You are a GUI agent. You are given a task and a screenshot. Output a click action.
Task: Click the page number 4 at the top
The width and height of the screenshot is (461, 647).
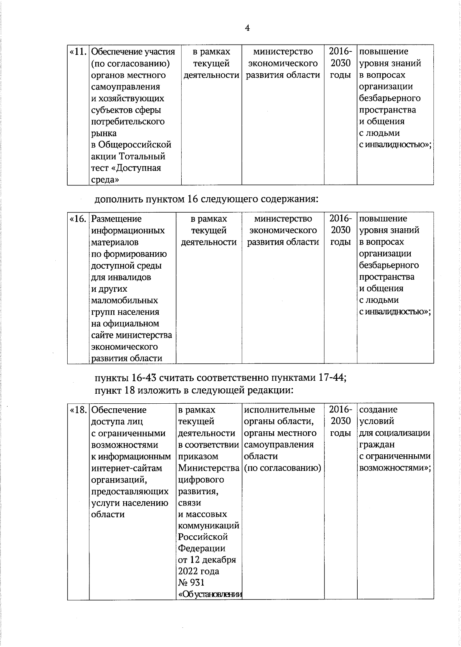pos(247,28)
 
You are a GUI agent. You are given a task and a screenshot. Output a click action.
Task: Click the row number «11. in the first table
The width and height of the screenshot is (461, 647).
pos(78,51)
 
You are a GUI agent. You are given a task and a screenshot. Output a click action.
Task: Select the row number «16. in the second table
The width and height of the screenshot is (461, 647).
pos(78,219)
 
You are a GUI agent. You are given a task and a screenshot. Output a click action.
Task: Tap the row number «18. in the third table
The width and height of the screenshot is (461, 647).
pos(78,410)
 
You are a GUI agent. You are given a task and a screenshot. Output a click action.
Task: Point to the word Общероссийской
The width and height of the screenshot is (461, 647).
pos(135,145)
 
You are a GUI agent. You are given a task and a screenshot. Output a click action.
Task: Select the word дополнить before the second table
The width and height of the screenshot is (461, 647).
pos(119,200)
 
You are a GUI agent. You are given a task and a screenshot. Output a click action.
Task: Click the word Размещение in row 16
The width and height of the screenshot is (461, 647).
pos(116,219)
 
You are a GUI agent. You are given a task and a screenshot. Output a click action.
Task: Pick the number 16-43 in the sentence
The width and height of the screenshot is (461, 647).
pos(144,378)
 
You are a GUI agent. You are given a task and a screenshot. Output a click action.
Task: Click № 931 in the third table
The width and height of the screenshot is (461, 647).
pos(191,583)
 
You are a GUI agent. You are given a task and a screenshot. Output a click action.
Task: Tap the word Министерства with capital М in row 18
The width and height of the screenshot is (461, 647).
pos(209,468)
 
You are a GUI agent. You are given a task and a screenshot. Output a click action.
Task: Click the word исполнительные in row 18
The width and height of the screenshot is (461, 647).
pos(279,410)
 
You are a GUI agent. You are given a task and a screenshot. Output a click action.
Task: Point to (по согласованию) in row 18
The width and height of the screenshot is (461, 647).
pos(282,468)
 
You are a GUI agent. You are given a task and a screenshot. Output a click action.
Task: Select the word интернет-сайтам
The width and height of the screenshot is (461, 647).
pos(127,468)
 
